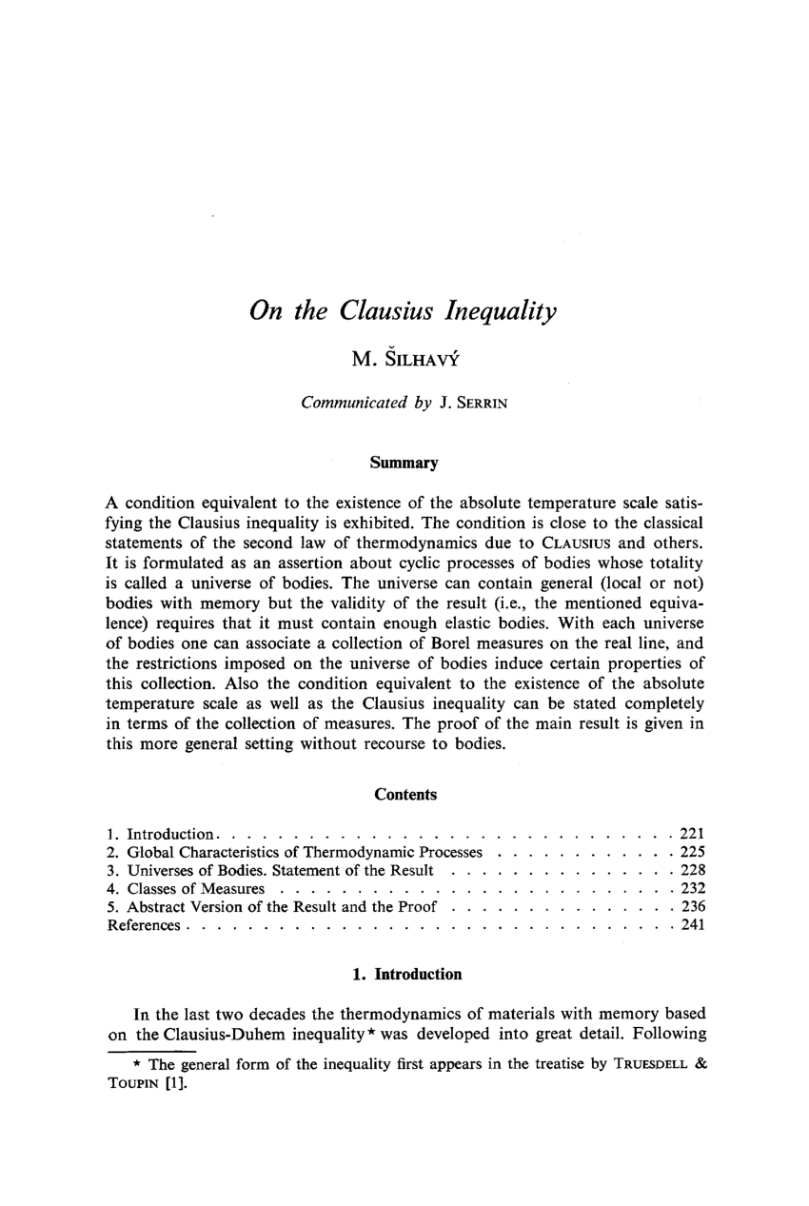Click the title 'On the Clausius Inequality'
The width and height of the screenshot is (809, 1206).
[x=403, y=312]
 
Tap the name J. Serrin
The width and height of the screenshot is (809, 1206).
[x=473, y=403]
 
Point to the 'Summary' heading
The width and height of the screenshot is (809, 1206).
[x=404, y=464]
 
